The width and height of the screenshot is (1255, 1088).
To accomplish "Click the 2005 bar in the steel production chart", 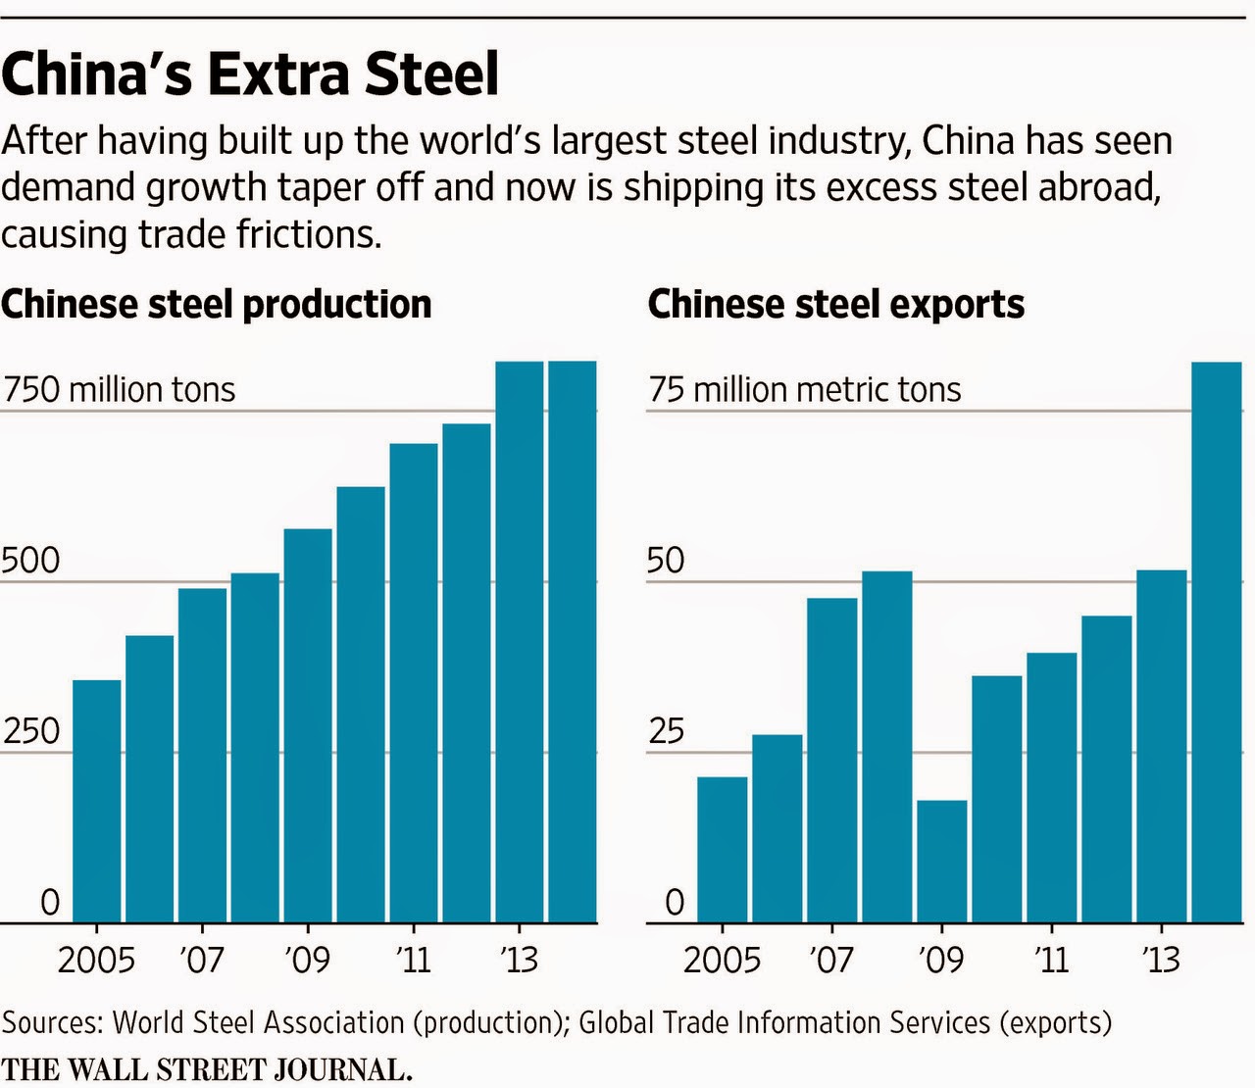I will [x=97, y=801].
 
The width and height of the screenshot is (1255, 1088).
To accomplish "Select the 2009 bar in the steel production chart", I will [x=308, y=725].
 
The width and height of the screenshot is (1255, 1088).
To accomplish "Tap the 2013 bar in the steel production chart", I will [x=519, y=642].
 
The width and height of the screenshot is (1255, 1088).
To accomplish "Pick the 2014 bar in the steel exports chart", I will [x=1216, y=642].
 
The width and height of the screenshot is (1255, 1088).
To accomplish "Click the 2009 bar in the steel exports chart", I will [x=941, y=862].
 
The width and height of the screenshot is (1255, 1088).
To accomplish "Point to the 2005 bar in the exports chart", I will [x=722, y=849].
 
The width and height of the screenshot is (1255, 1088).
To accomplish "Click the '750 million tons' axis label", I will [x=119, y=390].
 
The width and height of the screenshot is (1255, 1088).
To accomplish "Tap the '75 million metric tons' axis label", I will [x=804, y=390].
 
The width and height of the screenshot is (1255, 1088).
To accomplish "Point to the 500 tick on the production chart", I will [x=30, y=562].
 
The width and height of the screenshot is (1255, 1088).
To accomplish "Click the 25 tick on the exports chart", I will [x=667, y=732].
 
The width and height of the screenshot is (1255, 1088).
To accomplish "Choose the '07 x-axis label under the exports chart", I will [x=830, y=960].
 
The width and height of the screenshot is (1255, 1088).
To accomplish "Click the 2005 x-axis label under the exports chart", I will [x=722, y=960].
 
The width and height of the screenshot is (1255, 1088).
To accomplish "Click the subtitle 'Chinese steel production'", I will [x=216, y=305].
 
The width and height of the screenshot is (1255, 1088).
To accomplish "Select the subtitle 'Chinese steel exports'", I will [x=835, y=305].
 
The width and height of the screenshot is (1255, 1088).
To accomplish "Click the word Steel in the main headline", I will [x=431, y=74].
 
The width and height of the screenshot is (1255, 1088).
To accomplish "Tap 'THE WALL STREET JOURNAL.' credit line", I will [x=206, y=1069].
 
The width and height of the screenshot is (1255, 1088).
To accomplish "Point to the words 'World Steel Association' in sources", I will [x=258, y=1022].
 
